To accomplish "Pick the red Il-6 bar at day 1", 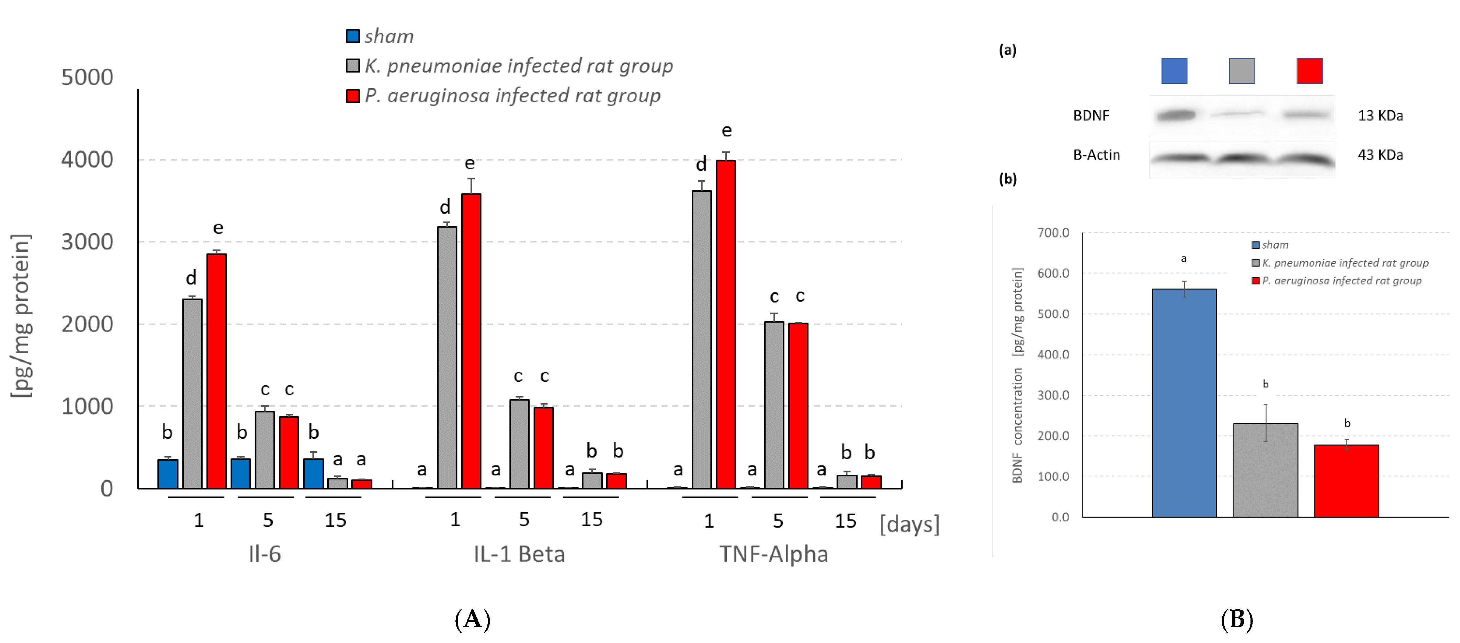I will coord(216,371).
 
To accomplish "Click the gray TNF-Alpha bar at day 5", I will coord(774,405).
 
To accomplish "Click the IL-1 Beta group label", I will coord(519,554).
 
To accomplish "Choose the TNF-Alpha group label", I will coord(774,554).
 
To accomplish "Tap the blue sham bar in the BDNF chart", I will coord(1184,403).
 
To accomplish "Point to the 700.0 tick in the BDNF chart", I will coord(1053,233).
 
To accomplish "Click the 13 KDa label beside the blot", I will coord(1380,116).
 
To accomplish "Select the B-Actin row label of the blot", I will coord(1096,155).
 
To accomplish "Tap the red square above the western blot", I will coord(1309,71).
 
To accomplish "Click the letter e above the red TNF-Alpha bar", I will coord(726,131).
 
